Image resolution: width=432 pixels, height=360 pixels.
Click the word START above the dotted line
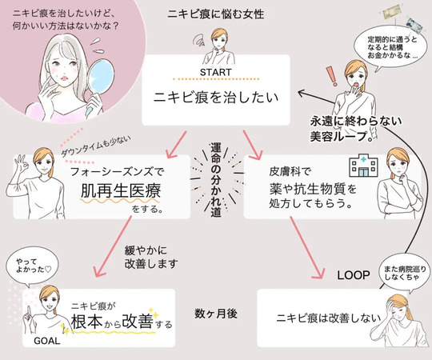(216, 72)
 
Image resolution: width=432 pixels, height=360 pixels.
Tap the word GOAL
(47, 341)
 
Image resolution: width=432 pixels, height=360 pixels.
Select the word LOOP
(354, 275)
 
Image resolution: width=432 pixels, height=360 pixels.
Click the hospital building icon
(363, 167)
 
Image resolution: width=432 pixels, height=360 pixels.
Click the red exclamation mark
(331, 76)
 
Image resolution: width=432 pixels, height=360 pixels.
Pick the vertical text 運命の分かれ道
(216, 180)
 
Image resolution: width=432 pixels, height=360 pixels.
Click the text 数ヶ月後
(216, 314)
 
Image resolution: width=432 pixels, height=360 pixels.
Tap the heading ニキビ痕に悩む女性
(216, 14)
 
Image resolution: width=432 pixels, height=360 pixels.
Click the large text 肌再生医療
(121, 191)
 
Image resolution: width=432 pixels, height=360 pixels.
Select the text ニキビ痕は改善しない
(329, 318)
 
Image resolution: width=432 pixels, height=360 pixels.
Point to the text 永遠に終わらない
(356, 121)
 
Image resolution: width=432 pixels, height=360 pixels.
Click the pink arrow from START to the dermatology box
(252, 145)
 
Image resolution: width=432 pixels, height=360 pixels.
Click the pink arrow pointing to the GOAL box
(113, 246)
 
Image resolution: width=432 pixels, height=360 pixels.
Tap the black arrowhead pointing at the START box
(302, 93)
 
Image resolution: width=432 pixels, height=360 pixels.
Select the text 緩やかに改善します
(151, 257)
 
